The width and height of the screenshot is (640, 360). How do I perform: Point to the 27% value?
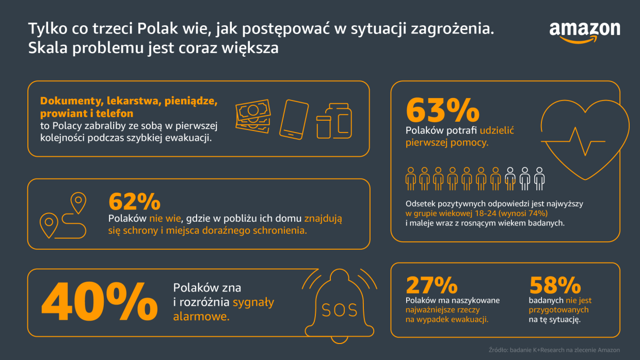pyautogui.click(x=431, y=285)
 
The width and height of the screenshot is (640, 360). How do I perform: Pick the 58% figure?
pyautogui.click(x=555, y=285)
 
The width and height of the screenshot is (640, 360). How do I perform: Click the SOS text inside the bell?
pyautogui.click(x=339, y=310)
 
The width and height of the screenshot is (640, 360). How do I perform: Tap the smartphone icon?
pyautogui.click(x=294, y=119)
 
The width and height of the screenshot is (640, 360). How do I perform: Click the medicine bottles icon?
pyautogui.click(x=334, y=120)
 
